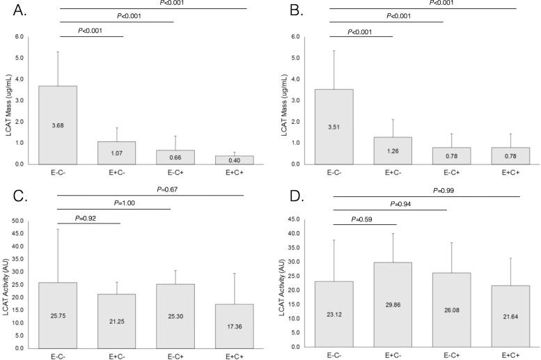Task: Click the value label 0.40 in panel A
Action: [x=234, y=159]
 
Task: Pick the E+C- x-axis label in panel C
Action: [x=116, y=355]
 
